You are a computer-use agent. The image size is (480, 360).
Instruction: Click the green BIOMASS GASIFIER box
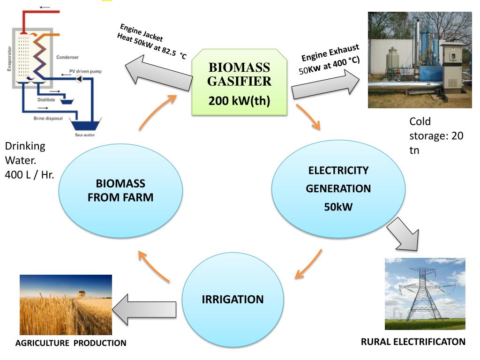240,82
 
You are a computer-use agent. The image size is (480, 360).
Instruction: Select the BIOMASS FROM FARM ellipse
120,190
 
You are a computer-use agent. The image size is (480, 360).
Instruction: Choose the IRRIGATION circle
232,299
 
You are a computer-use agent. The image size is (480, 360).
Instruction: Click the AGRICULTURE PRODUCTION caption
71,343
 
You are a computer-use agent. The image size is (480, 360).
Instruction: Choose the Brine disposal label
48,118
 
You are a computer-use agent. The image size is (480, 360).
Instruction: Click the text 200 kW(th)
240,101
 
